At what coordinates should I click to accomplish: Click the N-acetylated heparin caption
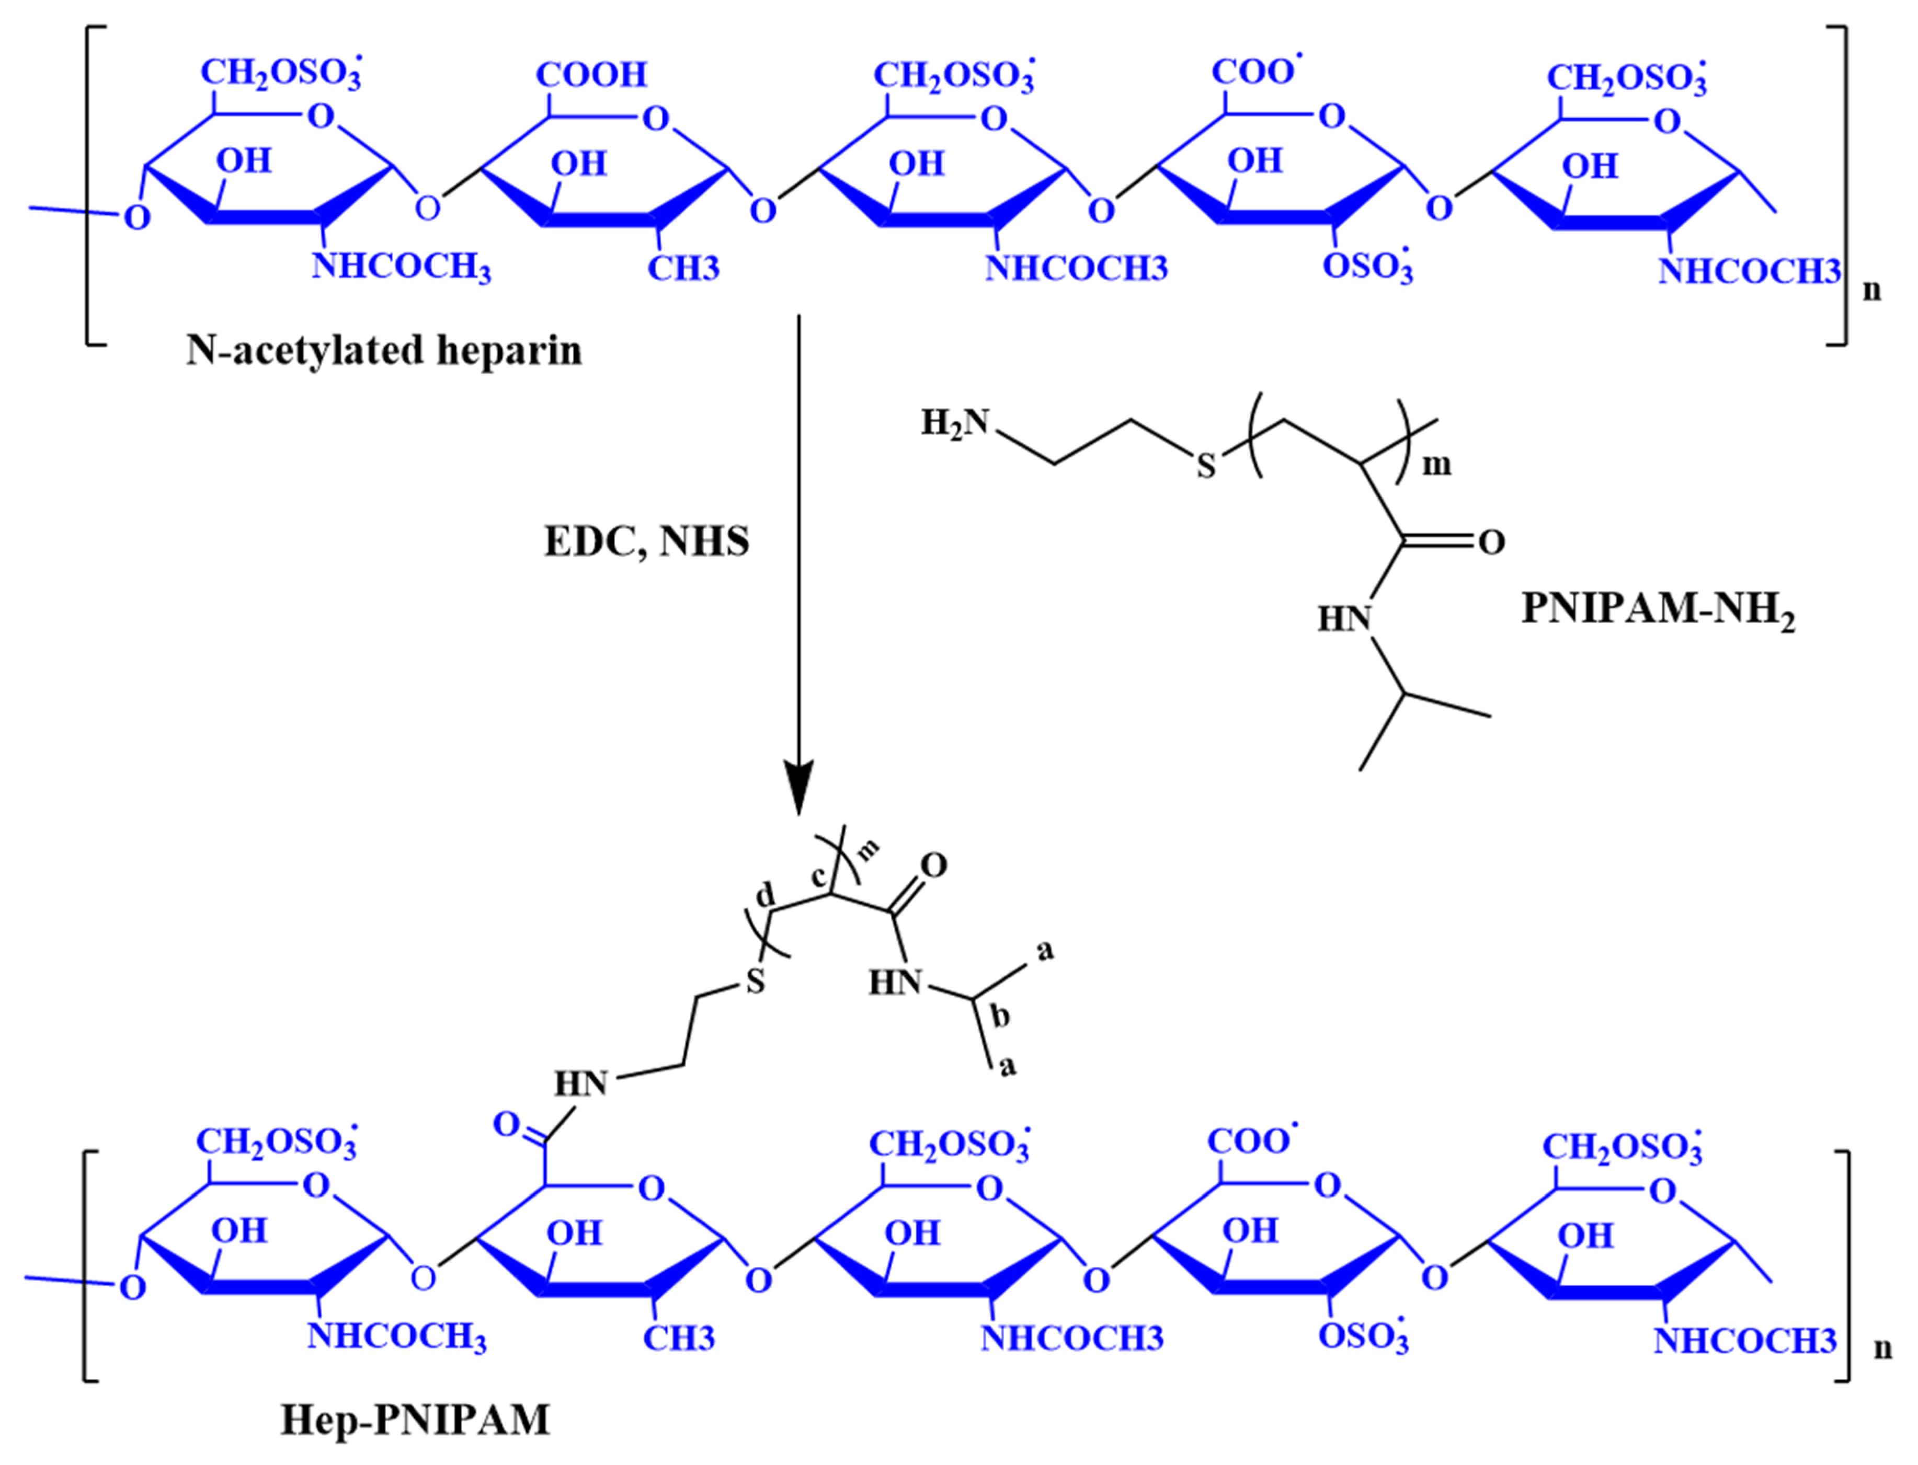point(384,351)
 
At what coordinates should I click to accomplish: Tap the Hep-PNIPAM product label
point(415,1420)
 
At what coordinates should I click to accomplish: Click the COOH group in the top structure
point(591,75)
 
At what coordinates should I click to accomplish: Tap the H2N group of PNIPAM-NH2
point(955,423)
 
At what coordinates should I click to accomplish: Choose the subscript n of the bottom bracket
point(1882,1348)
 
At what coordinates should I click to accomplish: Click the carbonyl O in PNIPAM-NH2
point(1491,543)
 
